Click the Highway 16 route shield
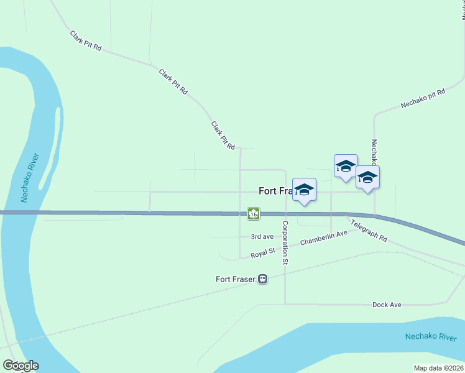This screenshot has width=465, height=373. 253,213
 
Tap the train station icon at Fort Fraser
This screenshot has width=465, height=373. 263,279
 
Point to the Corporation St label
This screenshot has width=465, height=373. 285,243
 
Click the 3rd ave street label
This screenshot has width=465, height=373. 262,237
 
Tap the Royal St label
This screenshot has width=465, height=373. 263,253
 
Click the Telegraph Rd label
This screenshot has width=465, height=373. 369,231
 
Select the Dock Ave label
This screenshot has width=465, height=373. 387,305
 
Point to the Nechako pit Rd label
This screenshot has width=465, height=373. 423,99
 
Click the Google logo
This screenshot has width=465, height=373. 21,366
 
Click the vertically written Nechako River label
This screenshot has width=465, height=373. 30,177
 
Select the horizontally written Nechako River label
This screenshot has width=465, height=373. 431,337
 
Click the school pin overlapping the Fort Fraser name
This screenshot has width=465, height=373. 304,190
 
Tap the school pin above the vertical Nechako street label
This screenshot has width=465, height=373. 367,178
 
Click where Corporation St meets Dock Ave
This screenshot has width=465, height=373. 285,304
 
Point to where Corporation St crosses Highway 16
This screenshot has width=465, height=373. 285,214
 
